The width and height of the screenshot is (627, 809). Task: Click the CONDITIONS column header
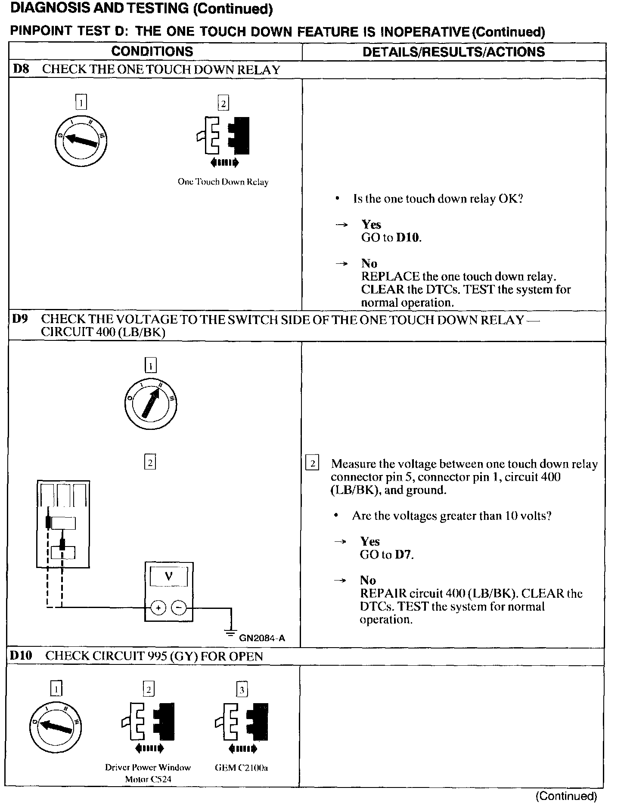[152, 52]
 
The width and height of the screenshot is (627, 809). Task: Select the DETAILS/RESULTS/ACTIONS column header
[453, 52]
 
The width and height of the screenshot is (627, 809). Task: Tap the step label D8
[21, 69]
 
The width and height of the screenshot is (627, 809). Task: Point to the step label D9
[20, 319]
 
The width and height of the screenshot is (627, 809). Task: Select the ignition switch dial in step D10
[55, 727]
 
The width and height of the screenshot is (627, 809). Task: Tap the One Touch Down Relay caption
[223, 182]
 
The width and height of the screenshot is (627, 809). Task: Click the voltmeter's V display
[168, 576]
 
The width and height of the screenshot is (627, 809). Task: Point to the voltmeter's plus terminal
[158, 608]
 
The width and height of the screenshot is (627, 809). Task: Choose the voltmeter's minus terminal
[179, 608]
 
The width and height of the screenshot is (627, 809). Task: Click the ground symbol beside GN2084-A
[231, 633]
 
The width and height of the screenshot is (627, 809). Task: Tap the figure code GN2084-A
[262, 638]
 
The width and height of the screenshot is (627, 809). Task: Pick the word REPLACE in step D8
[390, 276]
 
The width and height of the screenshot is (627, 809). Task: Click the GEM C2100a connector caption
[241, 768]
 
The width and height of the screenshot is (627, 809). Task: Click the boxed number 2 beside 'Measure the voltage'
[312, 463]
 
